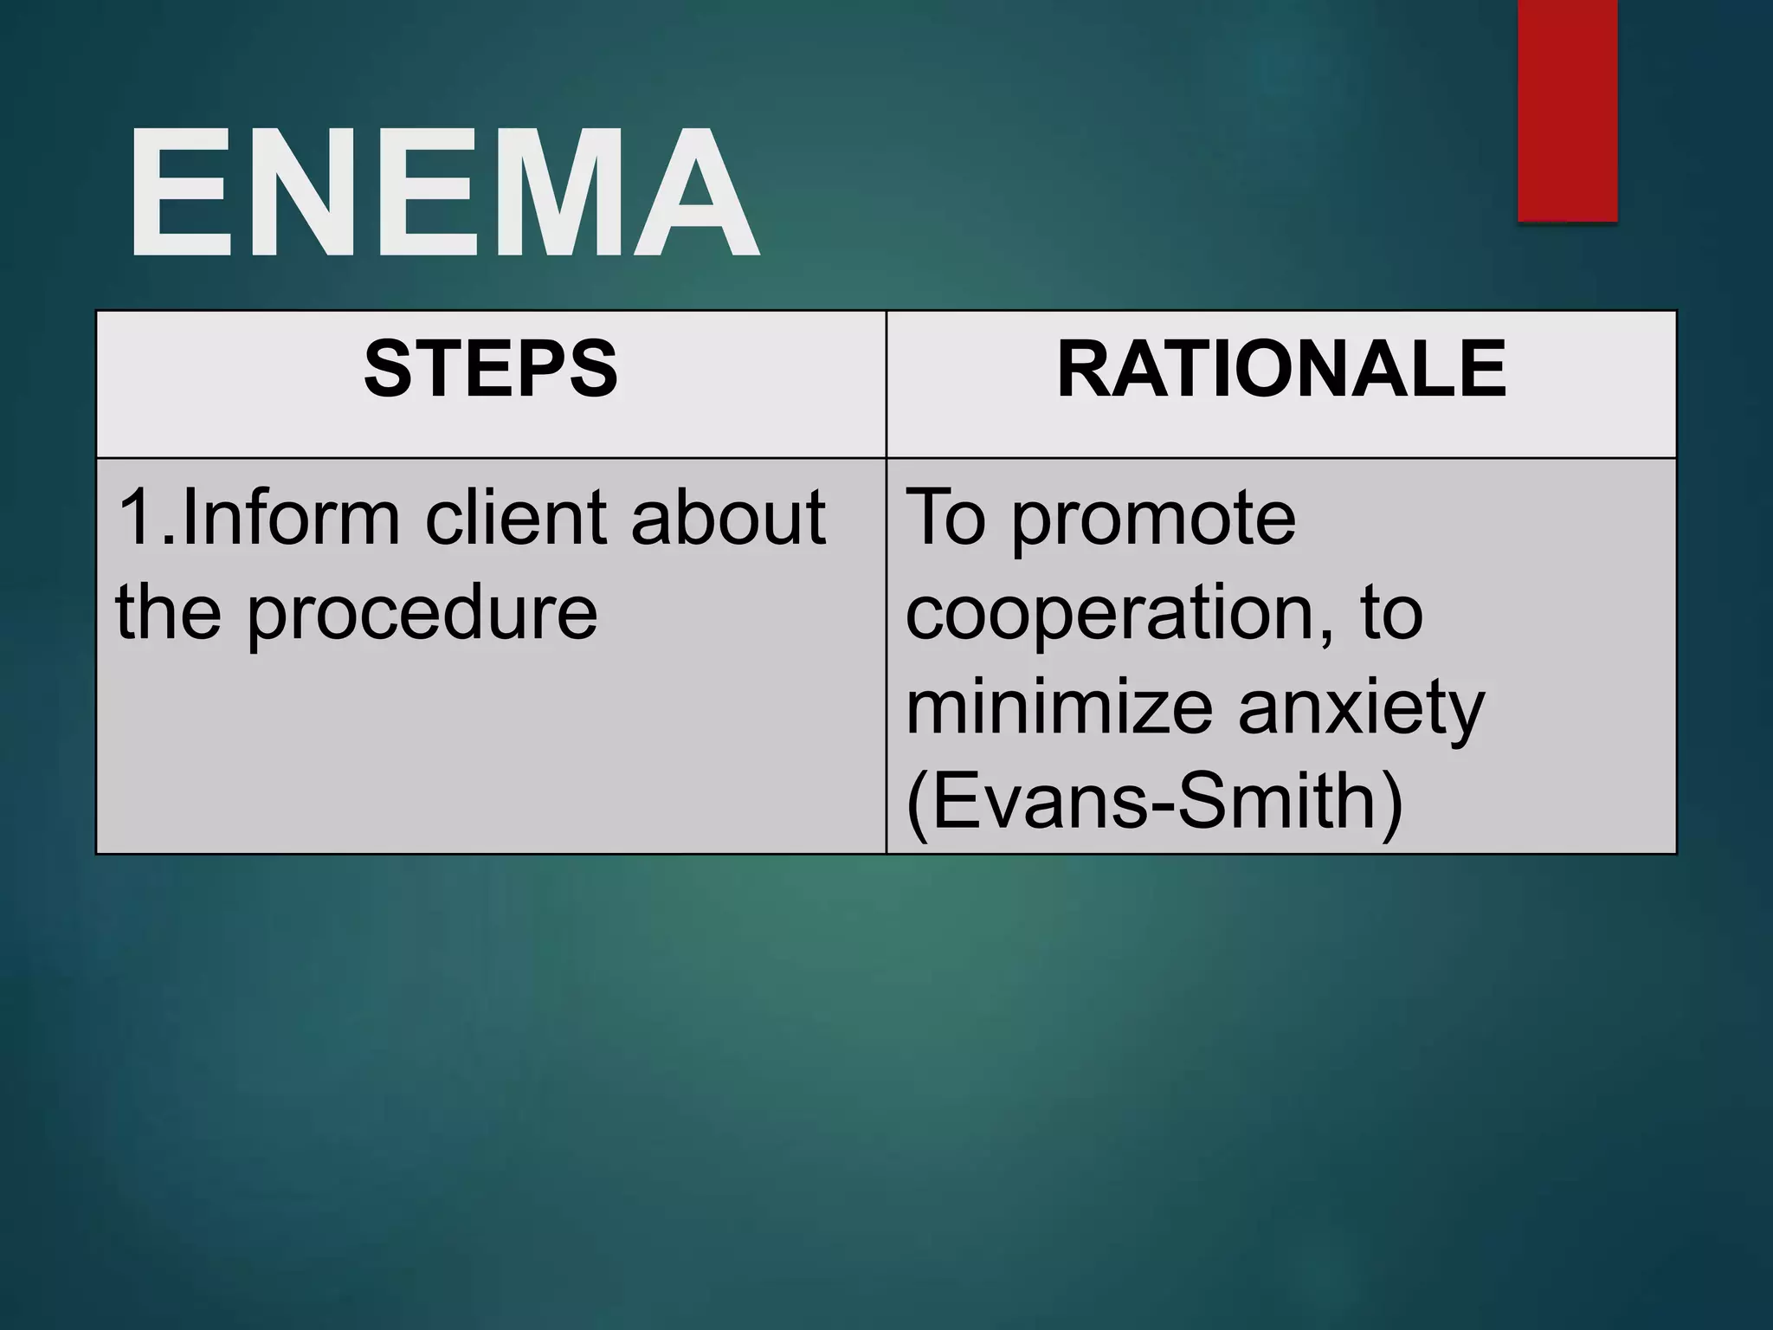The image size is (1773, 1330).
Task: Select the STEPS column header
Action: [x=491, y=370]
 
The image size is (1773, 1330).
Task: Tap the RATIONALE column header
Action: [x=1281, y=370]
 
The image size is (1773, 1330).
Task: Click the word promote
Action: [x=1153, y=520]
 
